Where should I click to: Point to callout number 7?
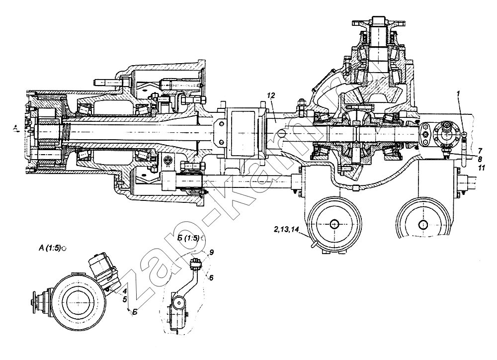pos(480,150)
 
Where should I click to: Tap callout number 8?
pos(480,159)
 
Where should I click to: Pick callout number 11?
pos(481,169)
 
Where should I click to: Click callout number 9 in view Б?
pos(211,253)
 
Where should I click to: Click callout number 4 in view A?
pos(125,291)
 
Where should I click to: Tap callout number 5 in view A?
pos(126,299)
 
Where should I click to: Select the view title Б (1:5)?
pos(188,239)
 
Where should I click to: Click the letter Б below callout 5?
pos(134,311)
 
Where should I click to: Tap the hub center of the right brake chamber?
pos(424,224)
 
